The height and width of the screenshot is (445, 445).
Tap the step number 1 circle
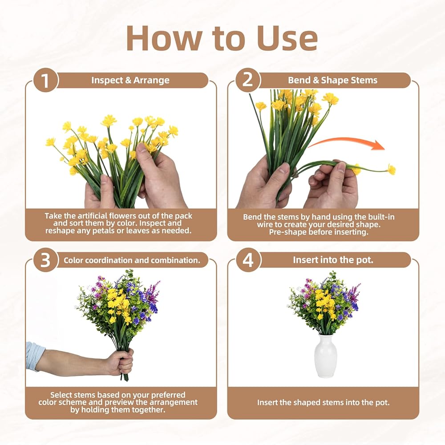click(45, 81)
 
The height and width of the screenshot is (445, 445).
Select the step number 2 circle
click(248, 80)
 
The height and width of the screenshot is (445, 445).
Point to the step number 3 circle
click(45, 260)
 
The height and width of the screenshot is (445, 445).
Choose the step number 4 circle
click(248, 260)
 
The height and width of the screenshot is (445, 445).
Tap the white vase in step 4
click(325, 356)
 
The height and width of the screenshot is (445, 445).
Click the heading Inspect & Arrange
click(130, 80)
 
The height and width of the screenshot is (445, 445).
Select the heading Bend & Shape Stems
click(332, 80)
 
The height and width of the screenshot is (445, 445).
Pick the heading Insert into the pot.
click(333, 260)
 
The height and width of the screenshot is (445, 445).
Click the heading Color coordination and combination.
click(132, 260)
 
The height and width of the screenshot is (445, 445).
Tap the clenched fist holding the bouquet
click(121, 362)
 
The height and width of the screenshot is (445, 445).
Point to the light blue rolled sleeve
click(35, 356)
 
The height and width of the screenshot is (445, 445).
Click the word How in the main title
click(164, 38)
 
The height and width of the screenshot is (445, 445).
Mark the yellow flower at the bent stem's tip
click(392, 170)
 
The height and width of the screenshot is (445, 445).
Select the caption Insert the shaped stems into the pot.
click(323, 402)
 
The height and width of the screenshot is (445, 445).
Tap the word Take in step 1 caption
click(53, 216)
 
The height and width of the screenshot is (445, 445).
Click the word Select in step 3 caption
click(61, 395)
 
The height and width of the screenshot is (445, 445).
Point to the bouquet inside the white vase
click(324, 303)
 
